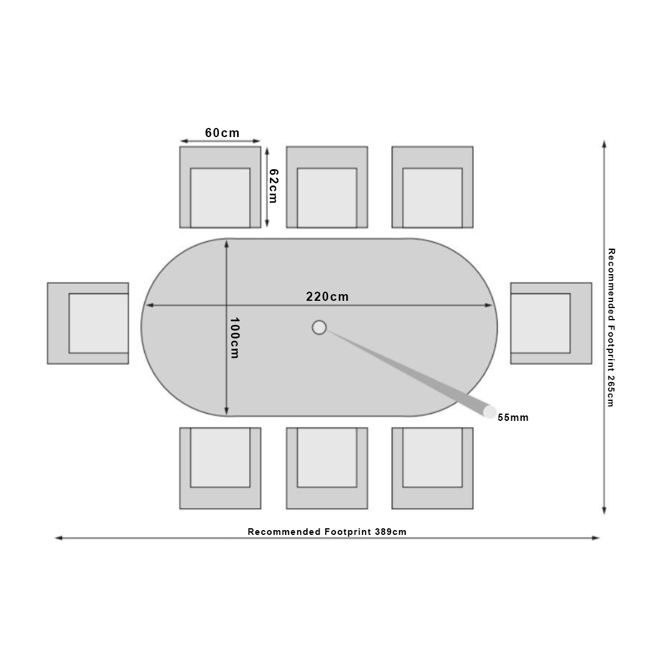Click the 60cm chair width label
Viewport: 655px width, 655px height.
(222, 133)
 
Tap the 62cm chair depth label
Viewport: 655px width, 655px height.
(273, 186)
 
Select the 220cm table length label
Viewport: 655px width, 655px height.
(327, 297)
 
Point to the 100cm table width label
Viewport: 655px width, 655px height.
(235, 338)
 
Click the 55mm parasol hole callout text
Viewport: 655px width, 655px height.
(513, 417)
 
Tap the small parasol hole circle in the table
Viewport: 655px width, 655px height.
(319, 327)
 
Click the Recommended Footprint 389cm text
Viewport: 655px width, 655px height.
(327, 532)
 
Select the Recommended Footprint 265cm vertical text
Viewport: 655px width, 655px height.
(611, 327)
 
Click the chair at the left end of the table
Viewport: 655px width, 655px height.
(88, 323)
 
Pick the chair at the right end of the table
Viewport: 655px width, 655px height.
(551, 323)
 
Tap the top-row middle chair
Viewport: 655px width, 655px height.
(327, 187)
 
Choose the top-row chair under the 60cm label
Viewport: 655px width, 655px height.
(220, 187)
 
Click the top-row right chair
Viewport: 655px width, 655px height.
(432, 187)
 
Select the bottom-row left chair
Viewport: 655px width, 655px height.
(220, 468)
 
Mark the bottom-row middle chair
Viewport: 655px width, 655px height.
(327, 468)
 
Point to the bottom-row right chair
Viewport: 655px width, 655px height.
(432, 468)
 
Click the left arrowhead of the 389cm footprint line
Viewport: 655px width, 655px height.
(56, 538)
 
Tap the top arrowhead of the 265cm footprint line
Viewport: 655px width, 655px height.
(604, 141)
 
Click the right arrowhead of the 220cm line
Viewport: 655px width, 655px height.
(492, 305)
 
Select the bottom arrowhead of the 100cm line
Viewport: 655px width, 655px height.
(226, 415)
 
